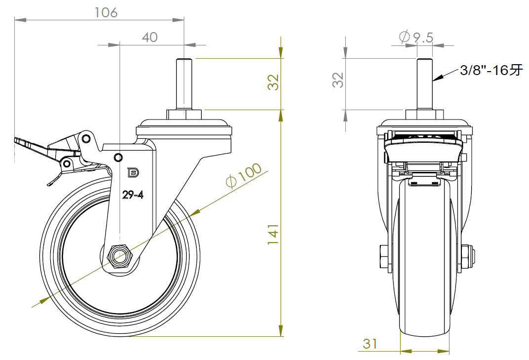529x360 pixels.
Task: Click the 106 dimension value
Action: coord(106,12)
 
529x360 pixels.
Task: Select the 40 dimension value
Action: coord(149,37)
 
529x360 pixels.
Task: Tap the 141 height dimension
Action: coord(273,235)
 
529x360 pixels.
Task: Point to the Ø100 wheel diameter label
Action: coord(244,176)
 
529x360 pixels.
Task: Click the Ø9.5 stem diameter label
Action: coord(416,37)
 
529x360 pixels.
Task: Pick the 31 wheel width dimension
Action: coord(370,344)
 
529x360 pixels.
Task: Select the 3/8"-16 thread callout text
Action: coord(491,71)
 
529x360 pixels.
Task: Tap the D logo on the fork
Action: coord(133,172)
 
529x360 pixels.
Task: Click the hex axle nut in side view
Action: coord(119,256)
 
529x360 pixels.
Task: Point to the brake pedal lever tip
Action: coord(20,142)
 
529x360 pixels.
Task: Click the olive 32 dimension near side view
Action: coord(273,82)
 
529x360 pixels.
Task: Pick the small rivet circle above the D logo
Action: coord(118,157)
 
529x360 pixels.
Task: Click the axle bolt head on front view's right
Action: coord(468,256)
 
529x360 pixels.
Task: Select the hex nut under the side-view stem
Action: coord(184,115)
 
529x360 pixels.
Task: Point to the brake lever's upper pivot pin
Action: coord(86,137)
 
